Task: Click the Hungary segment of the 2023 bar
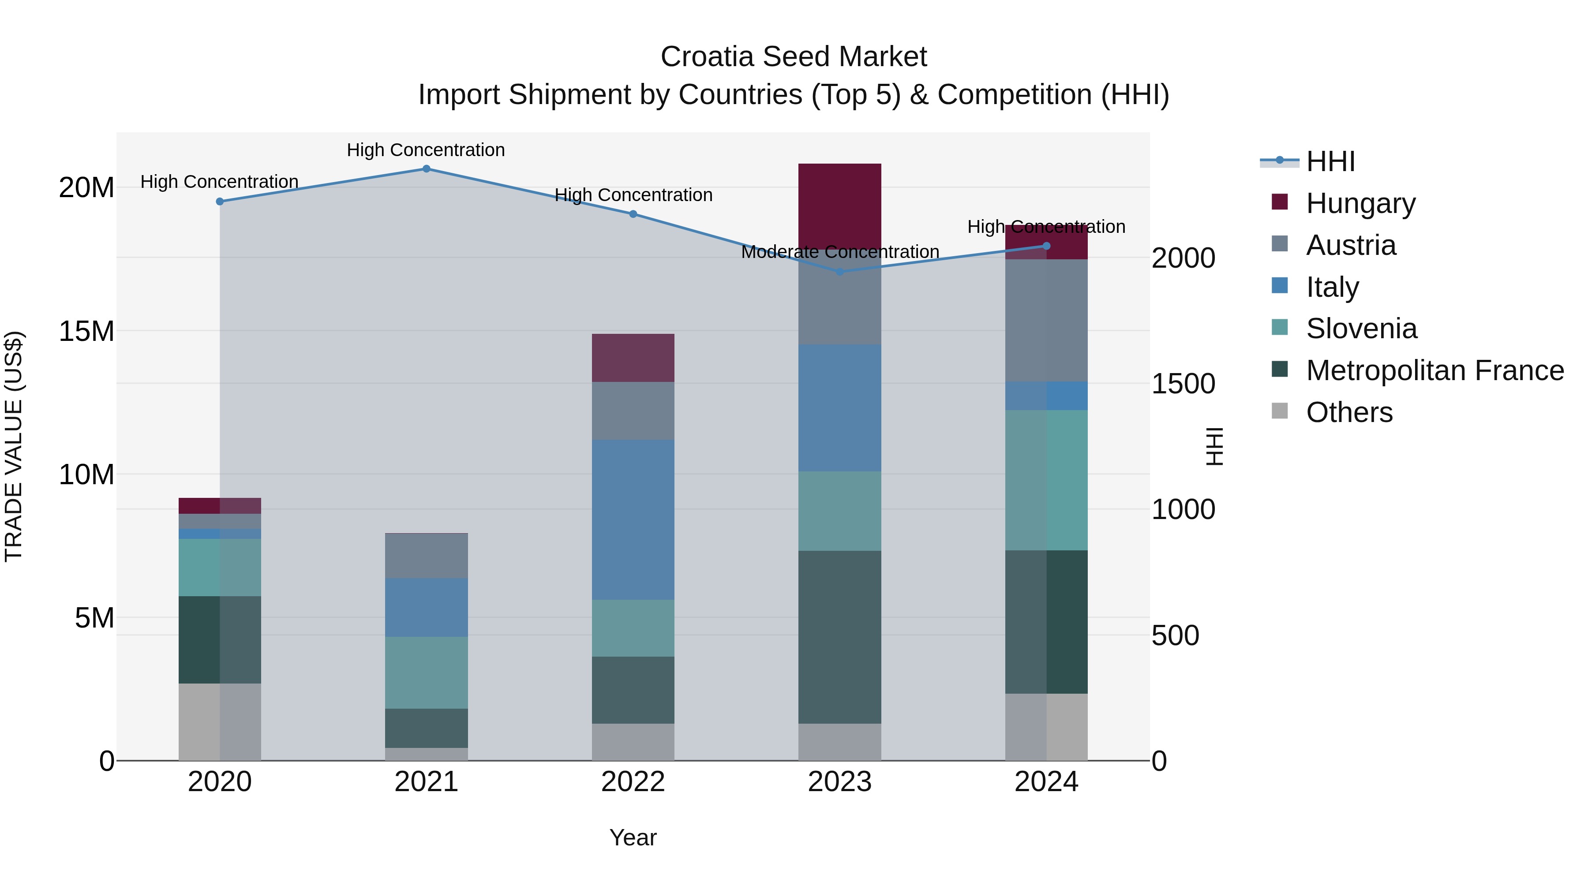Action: coord(839,206)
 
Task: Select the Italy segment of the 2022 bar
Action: coord(633,519)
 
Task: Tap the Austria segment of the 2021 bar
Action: coord(427,556)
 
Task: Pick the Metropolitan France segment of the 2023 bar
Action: coord(839,637)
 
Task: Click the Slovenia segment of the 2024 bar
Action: coord(1046,480)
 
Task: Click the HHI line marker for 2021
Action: coord(427,169)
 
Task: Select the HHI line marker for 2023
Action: coord(839,272)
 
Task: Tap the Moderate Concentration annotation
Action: coord(839,252)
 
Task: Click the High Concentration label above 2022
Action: coord(633,195)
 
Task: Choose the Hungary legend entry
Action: coord(1360,203)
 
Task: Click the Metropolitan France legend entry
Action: coord(1434,370)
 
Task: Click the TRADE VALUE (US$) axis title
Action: coord(14,447)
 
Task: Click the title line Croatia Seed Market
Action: coord(794,57)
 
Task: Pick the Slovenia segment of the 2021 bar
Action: coord(427,673)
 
